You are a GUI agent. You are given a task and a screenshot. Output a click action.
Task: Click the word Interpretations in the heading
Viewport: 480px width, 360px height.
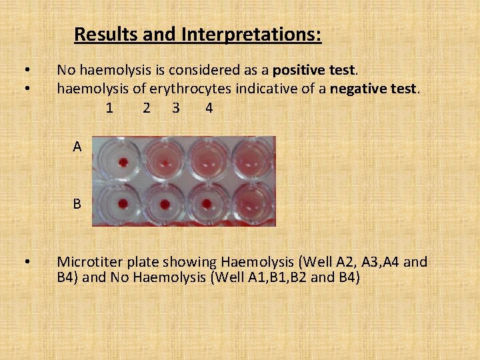(248, 34)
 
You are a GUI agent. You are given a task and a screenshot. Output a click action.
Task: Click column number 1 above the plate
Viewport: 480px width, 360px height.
(109, 107)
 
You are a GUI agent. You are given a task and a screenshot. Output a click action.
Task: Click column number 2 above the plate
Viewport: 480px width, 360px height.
(147, 107)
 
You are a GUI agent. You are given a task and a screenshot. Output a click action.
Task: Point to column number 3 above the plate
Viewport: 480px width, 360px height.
(176, 107)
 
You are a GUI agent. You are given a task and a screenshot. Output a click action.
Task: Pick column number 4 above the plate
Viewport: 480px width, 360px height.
(209, 107)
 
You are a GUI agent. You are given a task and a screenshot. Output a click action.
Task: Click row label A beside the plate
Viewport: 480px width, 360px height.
(78, 147)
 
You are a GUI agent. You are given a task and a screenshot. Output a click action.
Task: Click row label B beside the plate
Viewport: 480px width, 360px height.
(78, 203)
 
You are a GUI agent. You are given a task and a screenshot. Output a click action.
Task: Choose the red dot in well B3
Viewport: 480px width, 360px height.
(207, 203)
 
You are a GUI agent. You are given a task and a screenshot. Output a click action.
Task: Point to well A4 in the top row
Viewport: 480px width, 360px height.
(251, 160)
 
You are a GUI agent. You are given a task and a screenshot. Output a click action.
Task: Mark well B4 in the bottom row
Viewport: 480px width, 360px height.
(251, 203)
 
